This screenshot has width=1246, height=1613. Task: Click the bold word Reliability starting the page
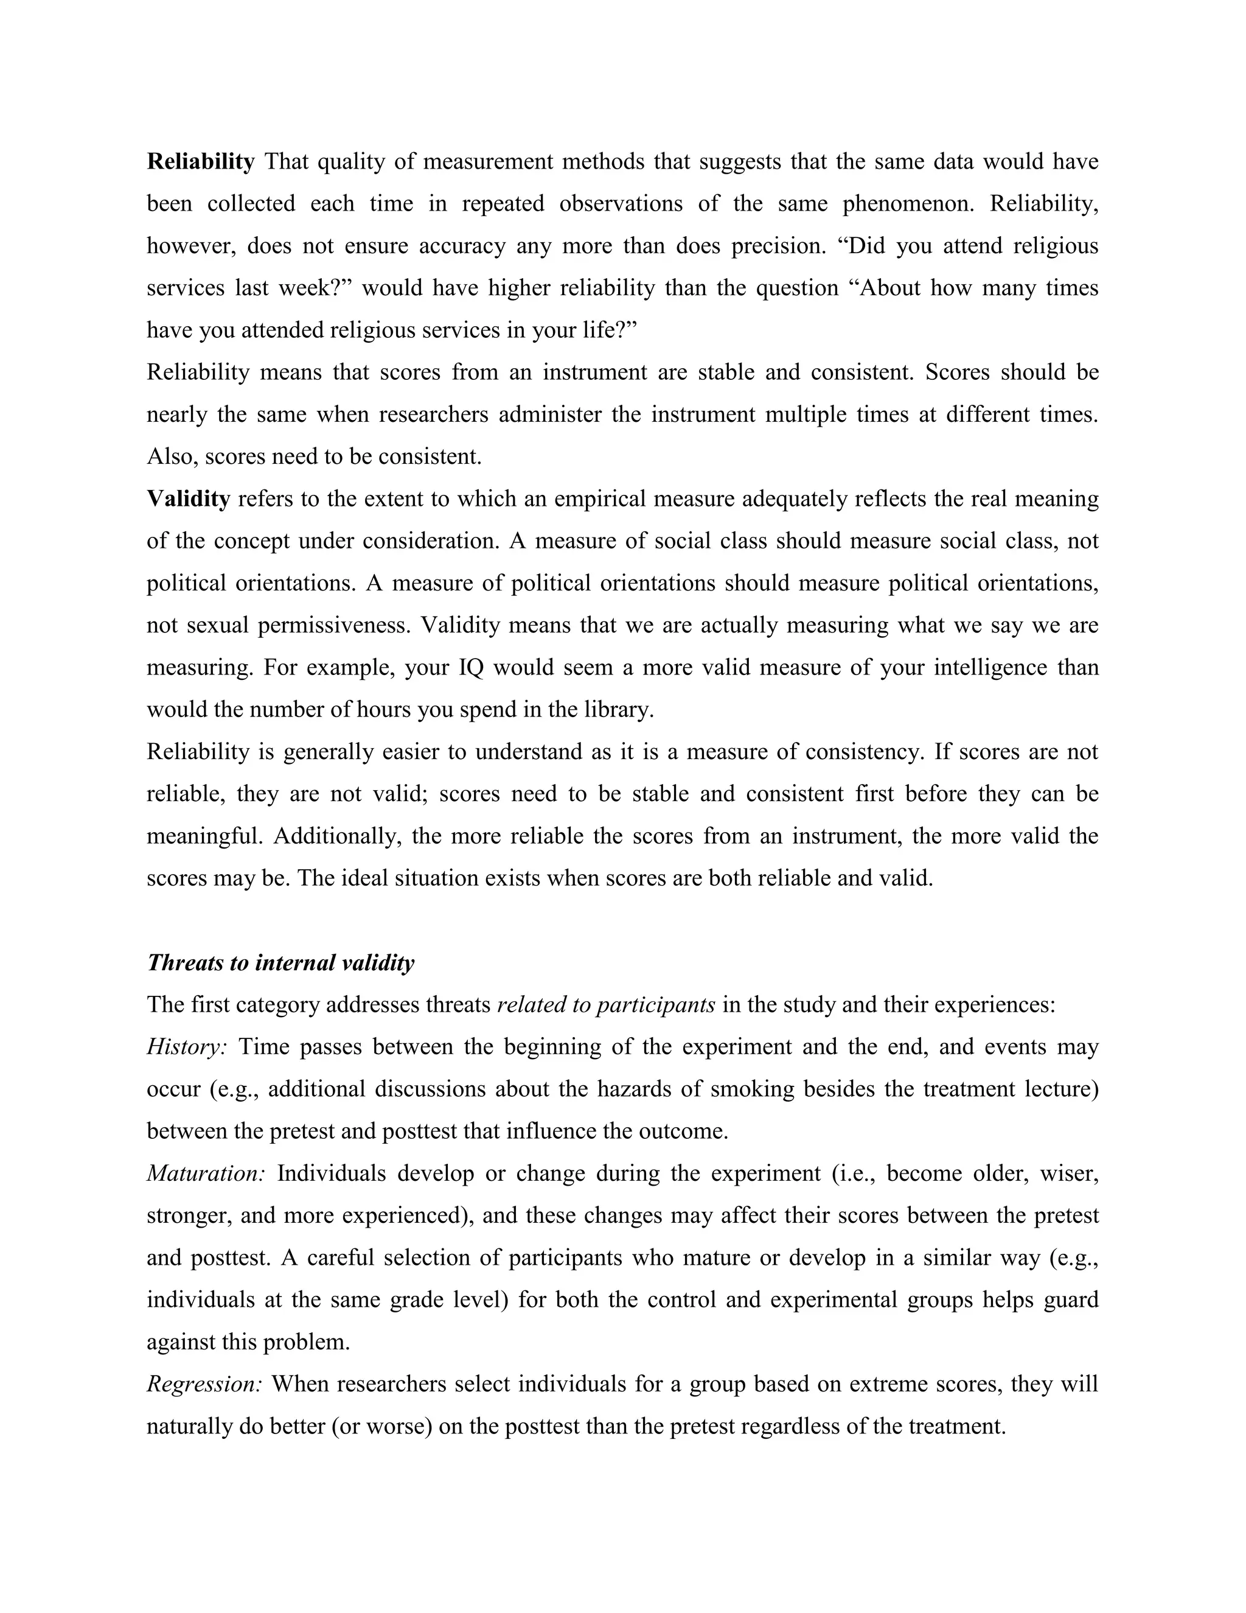tap(200, 161)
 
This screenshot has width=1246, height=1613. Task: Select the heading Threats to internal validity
tap(280, 962)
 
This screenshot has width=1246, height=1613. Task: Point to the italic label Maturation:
tap(206, 1174)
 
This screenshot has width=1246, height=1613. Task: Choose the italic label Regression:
tap(204, 1384)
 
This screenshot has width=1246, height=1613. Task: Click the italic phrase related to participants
tap(606, 1004)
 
